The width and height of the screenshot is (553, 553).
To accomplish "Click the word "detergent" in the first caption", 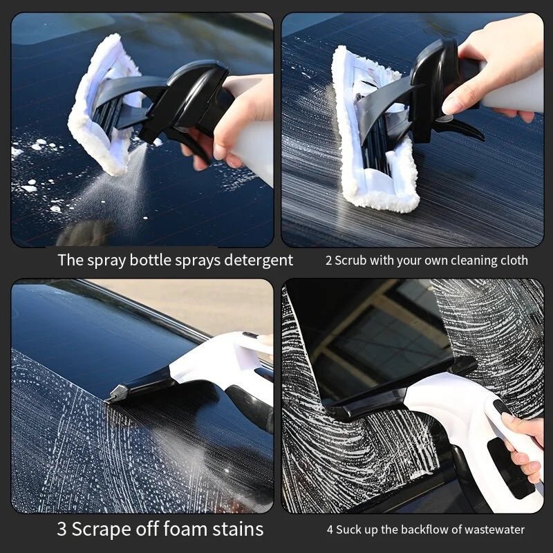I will [256, 261].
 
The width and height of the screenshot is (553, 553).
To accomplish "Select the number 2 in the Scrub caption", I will [328, 261].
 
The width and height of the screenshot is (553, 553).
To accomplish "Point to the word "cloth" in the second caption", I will [512, 261].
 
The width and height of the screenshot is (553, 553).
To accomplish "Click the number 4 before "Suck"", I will [330, 530].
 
